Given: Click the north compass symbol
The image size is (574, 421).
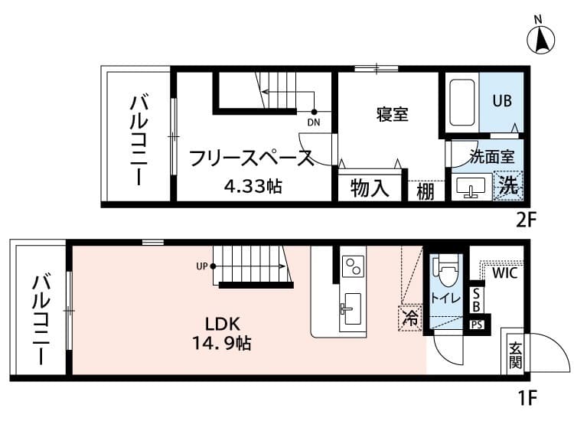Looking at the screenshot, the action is click(540, 40).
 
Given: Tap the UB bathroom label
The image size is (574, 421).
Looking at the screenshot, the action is click(502, 101).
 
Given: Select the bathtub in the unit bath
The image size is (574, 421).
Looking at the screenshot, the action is click(462, 103).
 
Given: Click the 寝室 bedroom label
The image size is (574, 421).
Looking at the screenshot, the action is click(392, 114).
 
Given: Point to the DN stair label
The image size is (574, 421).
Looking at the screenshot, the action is click(313, 122).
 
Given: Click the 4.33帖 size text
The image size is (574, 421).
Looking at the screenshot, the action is click(253, 186).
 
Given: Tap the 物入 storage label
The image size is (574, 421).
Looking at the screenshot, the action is click(369, 188).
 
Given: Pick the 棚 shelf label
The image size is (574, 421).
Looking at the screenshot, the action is click(426, 191).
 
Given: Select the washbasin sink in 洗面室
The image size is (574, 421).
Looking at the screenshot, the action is click(471, 187).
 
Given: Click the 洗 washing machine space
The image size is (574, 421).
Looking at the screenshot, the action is click(507, 185).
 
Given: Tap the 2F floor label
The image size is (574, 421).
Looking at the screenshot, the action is click(526, 220).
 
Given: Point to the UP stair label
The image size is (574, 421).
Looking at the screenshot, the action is click(202, 266).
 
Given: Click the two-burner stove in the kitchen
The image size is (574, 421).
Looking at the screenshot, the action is click(354, 266).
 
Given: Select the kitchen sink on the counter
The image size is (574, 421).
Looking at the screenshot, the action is click(351, 308).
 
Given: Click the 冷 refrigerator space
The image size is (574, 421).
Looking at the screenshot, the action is click(409, 318).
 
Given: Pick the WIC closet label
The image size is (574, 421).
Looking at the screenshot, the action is click(505, 273).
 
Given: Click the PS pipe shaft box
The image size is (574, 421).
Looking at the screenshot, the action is click(477, 325).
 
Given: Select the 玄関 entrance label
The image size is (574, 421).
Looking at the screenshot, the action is click(515, 354).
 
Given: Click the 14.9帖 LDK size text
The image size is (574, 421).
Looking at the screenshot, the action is click(222, 343).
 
